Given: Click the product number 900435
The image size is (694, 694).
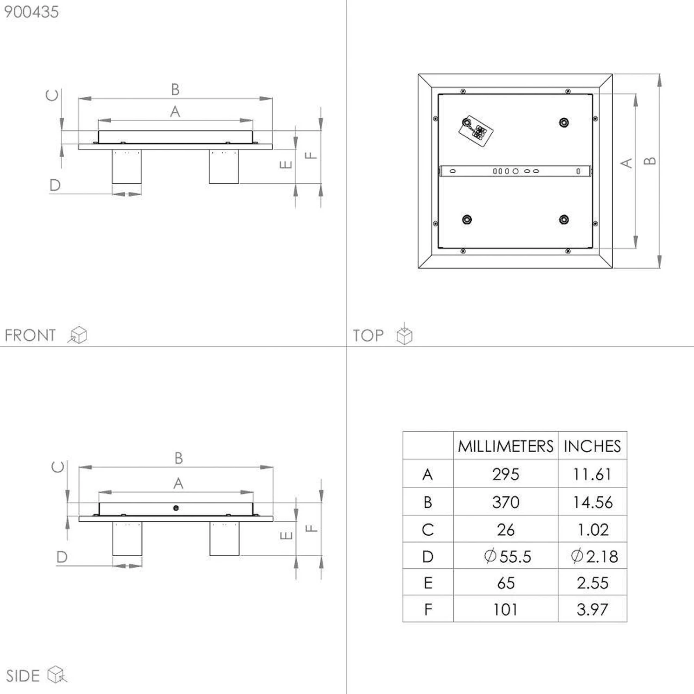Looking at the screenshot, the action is click(31, 12).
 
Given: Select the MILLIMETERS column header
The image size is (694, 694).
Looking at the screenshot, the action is click(506, 446).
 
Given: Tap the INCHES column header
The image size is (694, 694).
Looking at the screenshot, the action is click(592, 446).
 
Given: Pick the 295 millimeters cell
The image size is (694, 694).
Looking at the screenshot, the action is click(506, 474).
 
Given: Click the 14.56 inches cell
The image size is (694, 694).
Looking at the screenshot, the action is click(593, 502).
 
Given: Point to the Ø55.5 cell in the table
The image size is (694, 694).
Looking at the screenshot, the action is click(508, 556).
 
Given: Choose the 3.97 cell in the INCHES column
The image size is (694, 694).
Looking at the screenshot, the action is click(593, 609).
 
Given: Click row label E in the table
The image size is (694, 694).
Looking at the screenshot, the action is click(428, 583).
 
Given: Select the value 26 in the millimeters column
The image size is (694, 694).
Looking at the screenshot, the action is click(506, 530).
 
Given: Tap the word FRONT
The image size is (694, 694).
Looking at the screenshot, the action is click(30, 335).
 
